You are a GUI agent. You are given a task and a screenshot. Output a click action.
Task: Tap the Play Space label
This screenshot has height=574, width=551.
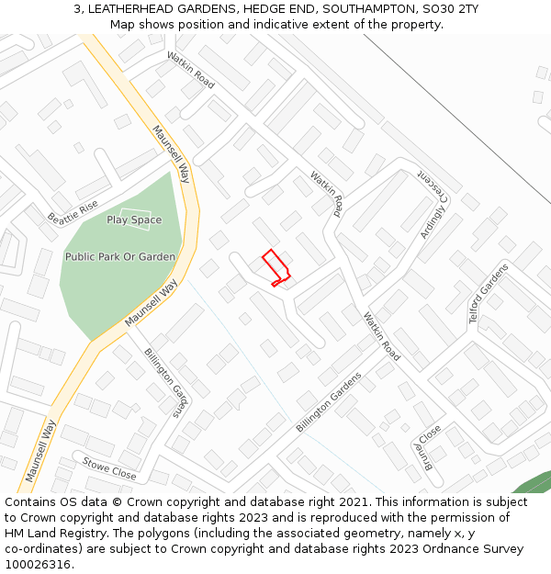click(134, 219)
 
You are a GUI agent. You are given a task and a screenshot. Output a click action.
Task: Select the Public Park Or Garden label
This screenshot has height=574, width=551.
click(119, 257)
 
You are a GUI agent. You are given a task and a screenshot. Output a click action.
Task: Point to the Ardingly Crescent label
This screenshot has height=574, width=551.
click(432, 204)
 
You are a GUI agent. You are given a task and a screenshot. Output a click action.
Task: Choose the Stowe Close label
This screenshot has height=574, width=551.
click(109, 468)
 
